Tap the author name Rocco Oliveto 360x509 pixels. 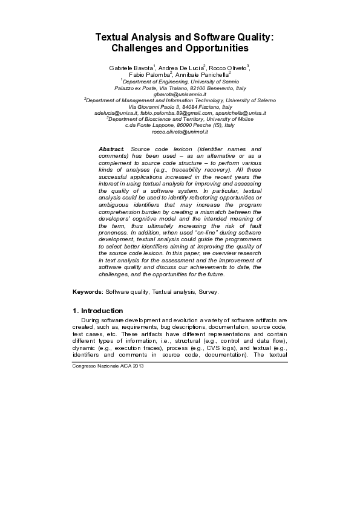[229, 67]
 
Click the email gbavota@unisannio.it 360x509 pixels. [180, 94]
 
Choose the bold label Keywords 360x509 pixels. [88, 291]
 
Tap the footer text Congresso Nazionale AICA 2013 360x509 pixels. [108, 366]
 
